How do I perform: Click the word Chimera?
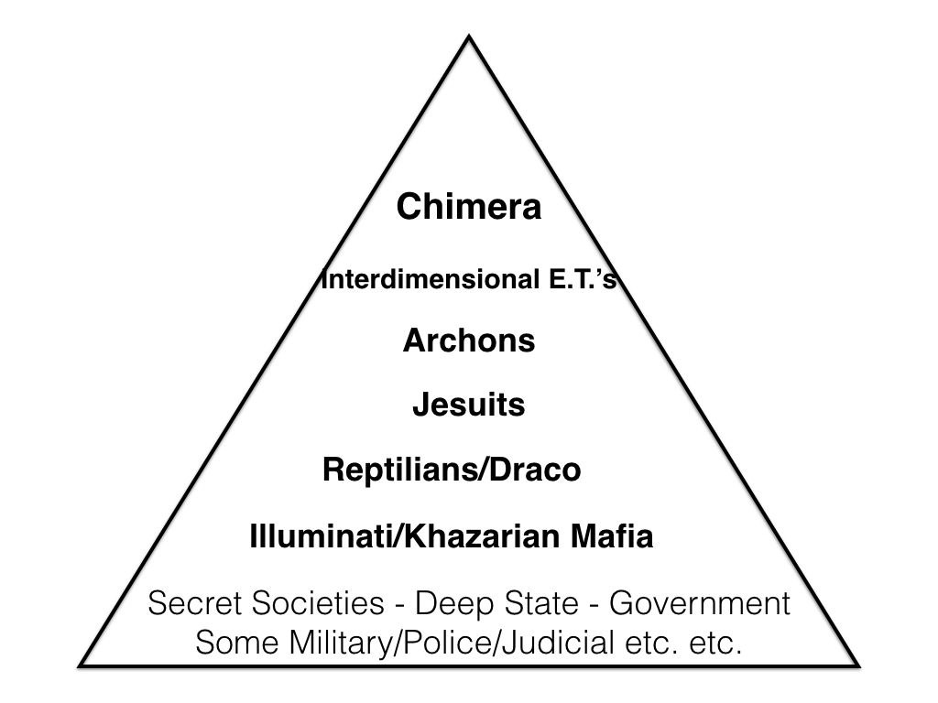[469, 208]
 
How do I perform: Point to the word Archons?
[469, 341]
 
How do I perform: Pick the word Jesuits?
[469, 405]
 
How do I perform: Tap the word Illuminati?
[312, 537]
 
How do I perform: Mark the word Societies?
[314, 604]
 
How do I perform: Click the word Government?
[699, 604]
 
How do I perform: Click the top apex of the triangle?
[470, 37]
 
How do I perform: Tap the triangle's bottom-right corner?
[857, 664]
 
